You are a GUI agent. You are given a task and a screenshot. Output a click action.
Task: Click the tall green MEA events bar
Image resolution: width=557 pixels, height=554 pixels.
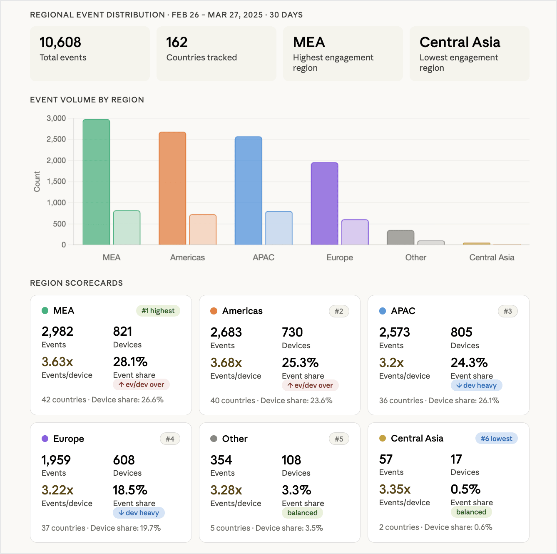coord(96,182)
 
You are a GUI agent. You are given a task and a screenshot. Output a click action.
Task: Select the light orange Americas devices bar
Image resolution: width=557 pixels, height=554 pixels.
coord(203,230)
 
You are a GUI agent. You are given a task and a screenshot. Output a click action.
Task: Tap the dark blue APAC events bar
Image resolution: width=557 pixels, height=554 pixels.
coord(248,191)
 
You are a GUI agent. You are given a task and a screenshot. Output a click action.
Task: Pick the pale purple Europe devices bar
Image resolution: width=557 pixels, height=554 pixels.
coord(355,232)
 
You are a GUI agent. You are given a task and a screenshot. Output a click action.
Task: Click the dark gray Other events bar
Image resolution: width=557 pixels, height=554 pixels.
coord(400,237)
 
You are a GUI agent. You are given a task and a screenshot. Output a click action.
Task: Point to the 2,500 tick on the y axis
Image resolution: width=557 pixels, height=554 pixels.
coord(56,139)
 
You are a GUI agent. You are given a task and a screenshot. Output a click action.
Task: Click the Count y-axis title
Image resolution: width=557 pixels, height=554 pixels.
coord(37,182)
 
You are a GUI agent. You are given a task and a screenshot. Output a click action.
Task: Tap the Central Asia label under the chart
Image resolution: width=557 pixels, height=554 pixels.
coord(492,257)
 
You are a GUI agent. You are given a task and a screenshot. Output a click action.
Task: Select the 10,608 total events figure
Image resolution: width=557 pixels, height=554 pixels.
coord(60,42)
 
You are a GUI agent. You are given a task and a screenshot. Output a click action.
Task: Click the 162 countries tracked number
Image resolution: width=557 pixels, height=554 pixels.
coord(177,42)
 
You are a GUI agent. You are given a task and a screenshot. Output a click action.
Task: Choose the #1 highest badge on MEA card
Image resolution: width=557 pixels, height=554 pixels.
coord(158,311)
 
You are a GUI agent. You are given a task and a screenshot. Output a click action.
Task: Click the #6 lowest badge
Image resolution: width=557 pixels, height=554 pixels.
coord(496,439)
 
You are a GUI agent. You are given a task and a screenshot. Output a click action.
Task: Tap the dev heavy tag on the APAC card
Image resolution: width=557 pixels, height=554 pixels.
coord(476,385)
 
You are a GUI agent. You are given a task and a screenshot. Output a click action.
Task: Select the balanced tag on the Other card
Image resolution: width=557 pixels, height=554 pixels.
coord(302,513)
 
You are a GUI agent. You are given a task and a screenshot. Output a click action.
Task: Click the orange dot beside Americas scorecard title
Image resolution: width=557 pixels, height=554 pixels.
coord(214,311)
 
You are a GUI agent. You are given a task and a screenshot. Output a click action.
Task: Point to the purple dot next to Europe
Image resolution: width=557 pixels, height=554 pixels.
coord(45,439)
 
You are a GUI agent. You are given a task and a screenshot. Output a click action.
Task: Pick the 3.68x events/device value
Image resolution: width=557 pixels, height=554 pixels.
coord(226,362)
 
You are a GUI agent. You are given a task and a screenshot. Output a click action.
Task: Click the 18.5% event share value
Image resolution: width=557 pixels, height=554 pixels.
coord(130,490)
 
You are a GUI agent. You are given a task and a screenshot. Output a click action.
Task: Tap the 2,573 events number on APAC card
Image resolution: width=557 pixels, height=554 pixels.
coord(394,332)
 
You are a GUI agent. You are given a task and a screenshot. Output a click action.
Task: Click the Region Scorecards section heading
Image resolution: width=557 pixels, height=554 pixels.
coord(76,283)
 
